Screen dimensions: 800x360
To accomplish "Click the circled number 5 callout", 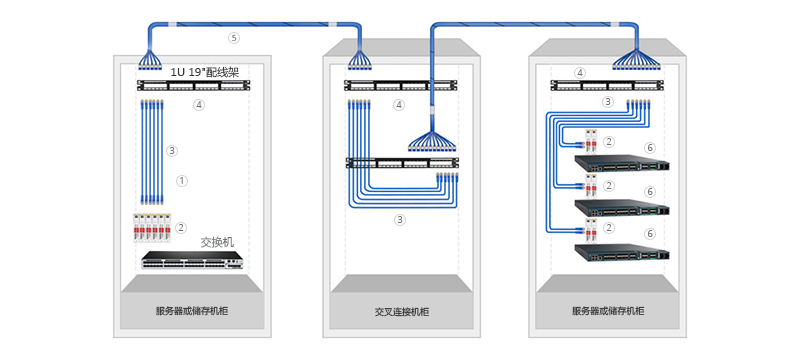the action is click(x=234, y=38).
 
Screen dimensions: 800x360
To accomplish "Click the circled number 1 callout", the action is click(x=182, y=181).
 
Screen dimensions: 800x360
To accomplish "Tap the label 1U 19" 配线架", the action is click(x=210, y=72).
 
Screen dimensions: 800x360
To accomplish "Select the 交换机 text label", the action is click(x=217, y=242).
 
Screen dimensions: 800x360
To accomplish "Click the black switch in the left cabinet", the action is click(x=192, y=260).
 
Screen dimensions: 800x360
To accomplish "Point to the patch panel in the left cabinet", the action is click(x=193, y=86).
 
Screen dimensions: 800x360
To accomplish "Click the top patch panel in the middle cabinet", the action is click(x=401, y=86).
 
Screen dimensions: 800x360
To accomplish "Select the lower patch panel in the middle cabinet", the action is click(x=402, y=163).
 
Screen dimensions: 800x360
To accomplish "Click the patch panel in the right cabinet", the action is click(x=607, y=86).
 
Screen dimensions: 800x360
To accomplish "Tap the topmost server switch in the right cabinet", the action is click(x=622, y=163).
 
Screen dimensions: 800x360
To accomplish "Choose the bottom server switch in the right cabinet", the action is click(x=622, y=253).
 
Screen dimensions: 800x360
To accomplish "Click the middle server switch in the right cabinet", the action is click(x=622, y=208).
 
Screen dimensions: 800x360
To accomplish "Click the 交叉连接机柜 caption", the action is click(x=402, y=312).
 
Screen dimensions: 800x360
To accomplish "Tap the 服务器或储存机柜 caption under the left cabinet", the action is click(x=192, y=311).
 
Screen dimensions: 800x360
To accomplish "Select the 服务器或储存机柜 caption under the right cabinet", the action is click(x=608, y=311).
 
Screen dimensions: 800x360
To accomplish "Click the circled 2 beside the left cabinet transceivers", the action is click(x=181, y=227).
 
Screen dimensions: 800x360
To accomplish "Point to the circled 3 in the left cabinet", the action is click(x=172, y=151).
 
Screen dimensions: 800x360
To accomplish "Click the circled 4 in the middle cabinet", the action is click(x=399, y=105).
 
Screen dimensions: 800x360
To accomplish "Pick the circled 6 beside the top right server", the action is click(x=649, y=148).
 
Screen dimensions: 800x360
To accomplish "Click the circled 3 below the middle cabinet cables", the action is click(x=401, y=220).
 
